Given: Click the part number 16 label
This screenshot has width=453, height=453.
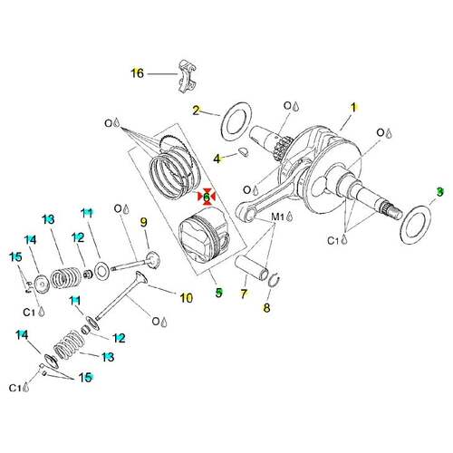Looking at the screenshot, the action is [137, 73].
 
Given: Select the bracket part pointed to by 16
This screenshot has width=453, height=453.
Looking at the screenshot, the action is [188, 76].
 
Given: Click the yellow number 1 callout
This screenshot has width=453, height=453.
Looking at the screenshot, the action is [353, 108].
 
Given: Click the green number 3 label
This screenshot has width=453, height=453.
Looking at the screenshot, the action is [439, 192].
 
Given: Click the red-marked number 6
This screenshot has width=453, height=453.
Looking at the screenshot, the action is [207, 197].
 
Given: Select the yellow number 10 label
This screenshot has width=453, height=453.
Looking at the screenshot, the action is [187, 298].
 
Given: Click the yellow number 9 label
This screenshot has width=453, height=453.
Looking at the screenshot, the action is [144, 222].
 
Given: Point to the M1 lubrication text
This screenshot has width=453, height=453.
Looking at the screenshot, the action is [278, 217].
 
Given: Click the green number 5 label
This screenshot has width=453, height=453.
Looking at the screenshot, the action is [219, 293].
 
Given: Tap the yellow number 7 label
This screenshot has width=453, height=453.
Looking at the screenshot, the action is [244, 294].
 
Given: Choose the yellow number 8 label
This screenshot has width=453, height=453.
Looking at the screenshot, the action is [266, 308].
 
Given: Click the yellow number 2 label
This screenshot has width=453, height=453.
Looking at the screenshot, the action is [197, 111].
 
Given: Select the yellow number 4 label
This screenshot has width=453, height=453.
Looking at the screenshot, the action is [217, 159].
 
